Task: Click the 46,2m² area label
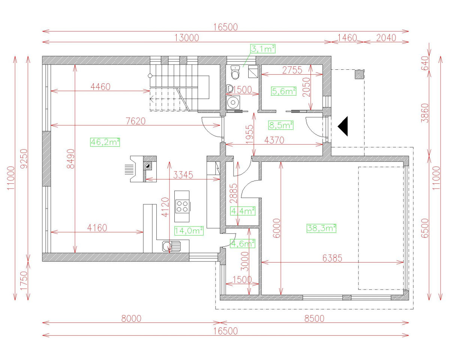coord(105,142)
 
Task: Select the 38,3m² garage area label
coord(321,228)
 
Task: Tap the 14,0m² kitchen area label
coord(189,231)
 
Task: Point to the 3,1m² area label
coord(263,48)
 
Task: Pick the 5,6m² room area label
coord(283,91)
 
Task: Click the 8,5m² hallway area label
coord(280,125)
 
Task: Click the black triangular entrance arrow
coord(343,126)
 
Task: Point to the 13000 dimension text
coord(186,37)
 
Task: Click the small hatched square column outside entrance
coord(359,74)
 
